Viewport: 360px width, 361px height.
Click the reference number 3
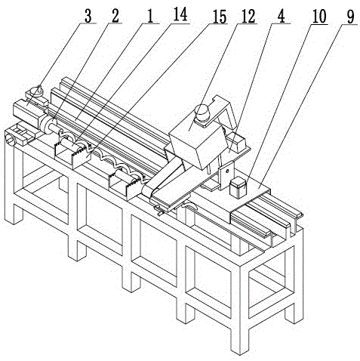(x=88, y=17)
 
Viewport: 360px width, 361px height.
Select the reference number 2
(x=115, y=17)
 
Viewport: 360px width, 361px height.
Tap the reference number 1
(x=149, y=17)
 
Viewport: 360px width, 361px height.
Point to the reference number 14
(x=180, y=14)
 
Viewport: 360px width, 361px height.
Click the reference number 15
(x=220, y=17)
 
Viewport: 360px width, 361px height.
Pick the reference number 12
(x=248, y=17)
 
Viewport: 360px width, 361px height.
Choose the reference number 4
(x=281, y=17)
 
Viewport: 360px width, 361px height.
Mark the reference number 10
(x=319, y=17)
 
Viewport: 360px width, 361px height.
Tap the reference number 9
(x=351, y=17)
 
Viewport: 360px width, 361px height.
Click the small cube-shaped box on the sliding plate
(x=238, y=187)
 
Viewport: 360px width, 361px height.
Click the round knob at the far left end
(x=35, y=91)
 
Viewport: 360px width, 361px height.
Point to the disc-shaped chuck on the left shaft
(x=48, y=125)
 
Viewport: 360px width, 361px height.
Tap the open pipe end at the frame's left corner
(x=10, y=139)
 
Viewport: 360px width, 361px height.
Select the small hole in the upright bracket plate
(x=227, y=171)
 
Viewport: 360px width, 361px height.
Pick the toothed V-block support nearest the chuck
(x=72, y=154)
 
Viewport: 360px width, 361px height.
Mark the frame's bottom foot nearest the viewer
(x=238, y=346)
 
